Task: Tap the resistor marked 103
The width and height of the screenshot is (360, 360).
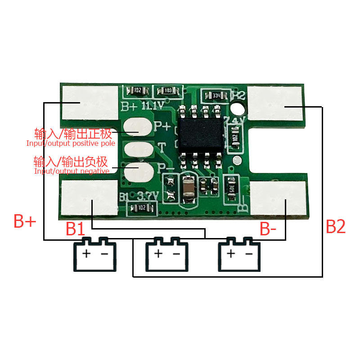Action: coord(167,91)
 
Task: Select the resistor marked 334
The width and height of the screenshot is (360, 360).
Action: coord(216,95)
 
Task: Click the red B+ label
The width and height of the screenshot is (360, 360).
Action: coord(25,222)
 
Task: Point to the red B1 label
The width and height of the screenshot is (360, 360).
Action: coord(76,229)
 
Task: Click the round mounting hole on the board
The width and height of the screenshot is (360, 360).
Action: coord(237,108)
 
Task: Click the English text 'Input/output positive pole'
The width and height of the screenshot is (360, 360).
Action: coord(71,144)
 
